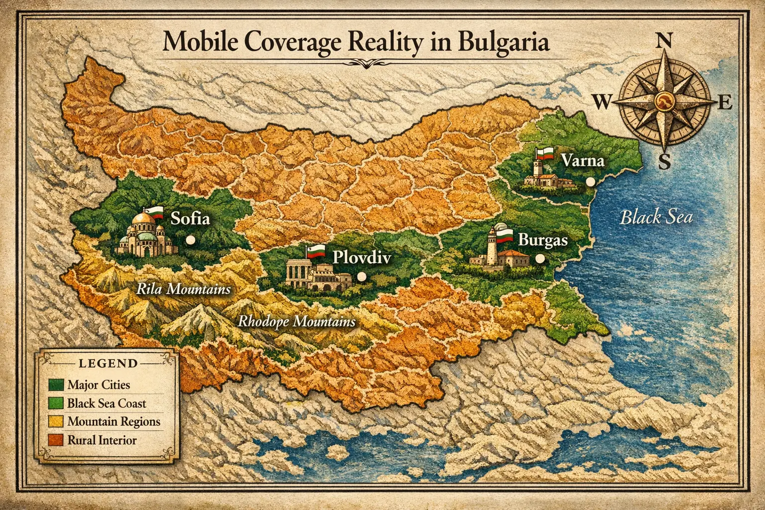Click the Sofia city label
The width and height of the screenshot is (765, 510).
(x=190, y=219)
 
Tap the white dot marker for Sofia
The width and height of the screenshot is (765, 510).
(x=189, y=240)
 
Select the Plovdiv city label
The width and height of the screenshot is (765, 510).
(x=362, y=257)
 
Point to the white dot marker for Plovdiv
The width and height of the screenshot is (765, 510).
(x=362, y=276)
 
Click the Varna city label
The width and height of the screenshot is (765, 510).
(x=582, y=161)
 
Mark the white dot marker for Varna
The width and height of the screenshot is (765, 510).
(x=591, y=182)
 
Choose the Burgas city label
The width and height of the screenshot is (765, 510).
(x=543, y=240)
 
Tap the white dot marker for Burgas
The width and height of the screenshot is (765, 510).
(x=539, y=258)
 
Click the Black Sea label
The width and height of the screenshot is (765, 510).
(x=655, y=218)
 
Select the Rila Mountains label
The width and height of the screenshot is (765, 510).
(x=183, y=289)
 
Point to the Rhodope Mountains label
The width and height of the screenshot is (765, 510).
(x=296, y=322)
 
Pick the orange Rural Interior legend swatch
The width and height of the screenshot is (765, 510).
(x=56, y=440)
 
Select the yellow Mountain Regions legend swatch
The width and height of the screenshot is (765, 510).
(x=56, y=422)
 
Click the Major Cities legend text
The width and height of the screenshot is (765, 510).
(x=99, y=385)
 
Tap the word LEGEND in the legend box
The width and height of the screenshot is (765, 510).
(x=108, y=363)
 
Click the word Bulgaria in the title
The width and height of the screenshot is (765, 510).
(x=502, y=43)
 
